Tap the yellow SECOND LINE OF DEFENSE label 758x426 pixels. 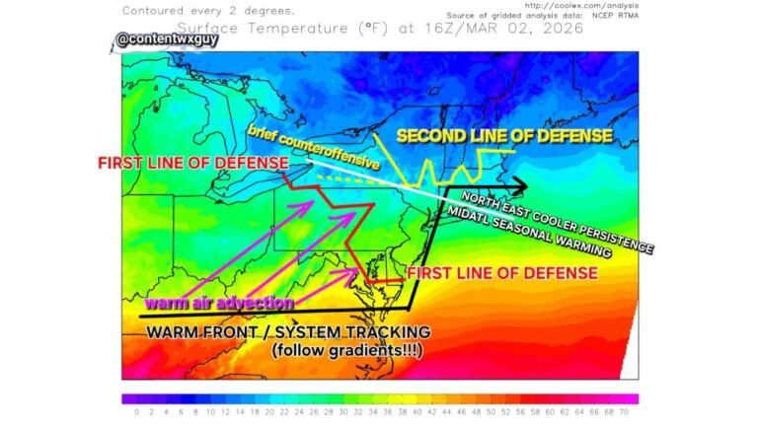[504, 136]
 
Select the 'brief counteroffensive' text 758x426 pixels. [314, 147]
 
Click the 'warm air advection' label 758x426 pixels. [219, 303]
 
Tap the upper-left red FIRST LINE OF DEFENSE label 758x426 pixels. [192, 162]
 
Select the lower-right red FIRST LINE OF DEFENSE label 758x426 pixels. [502, 272]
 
